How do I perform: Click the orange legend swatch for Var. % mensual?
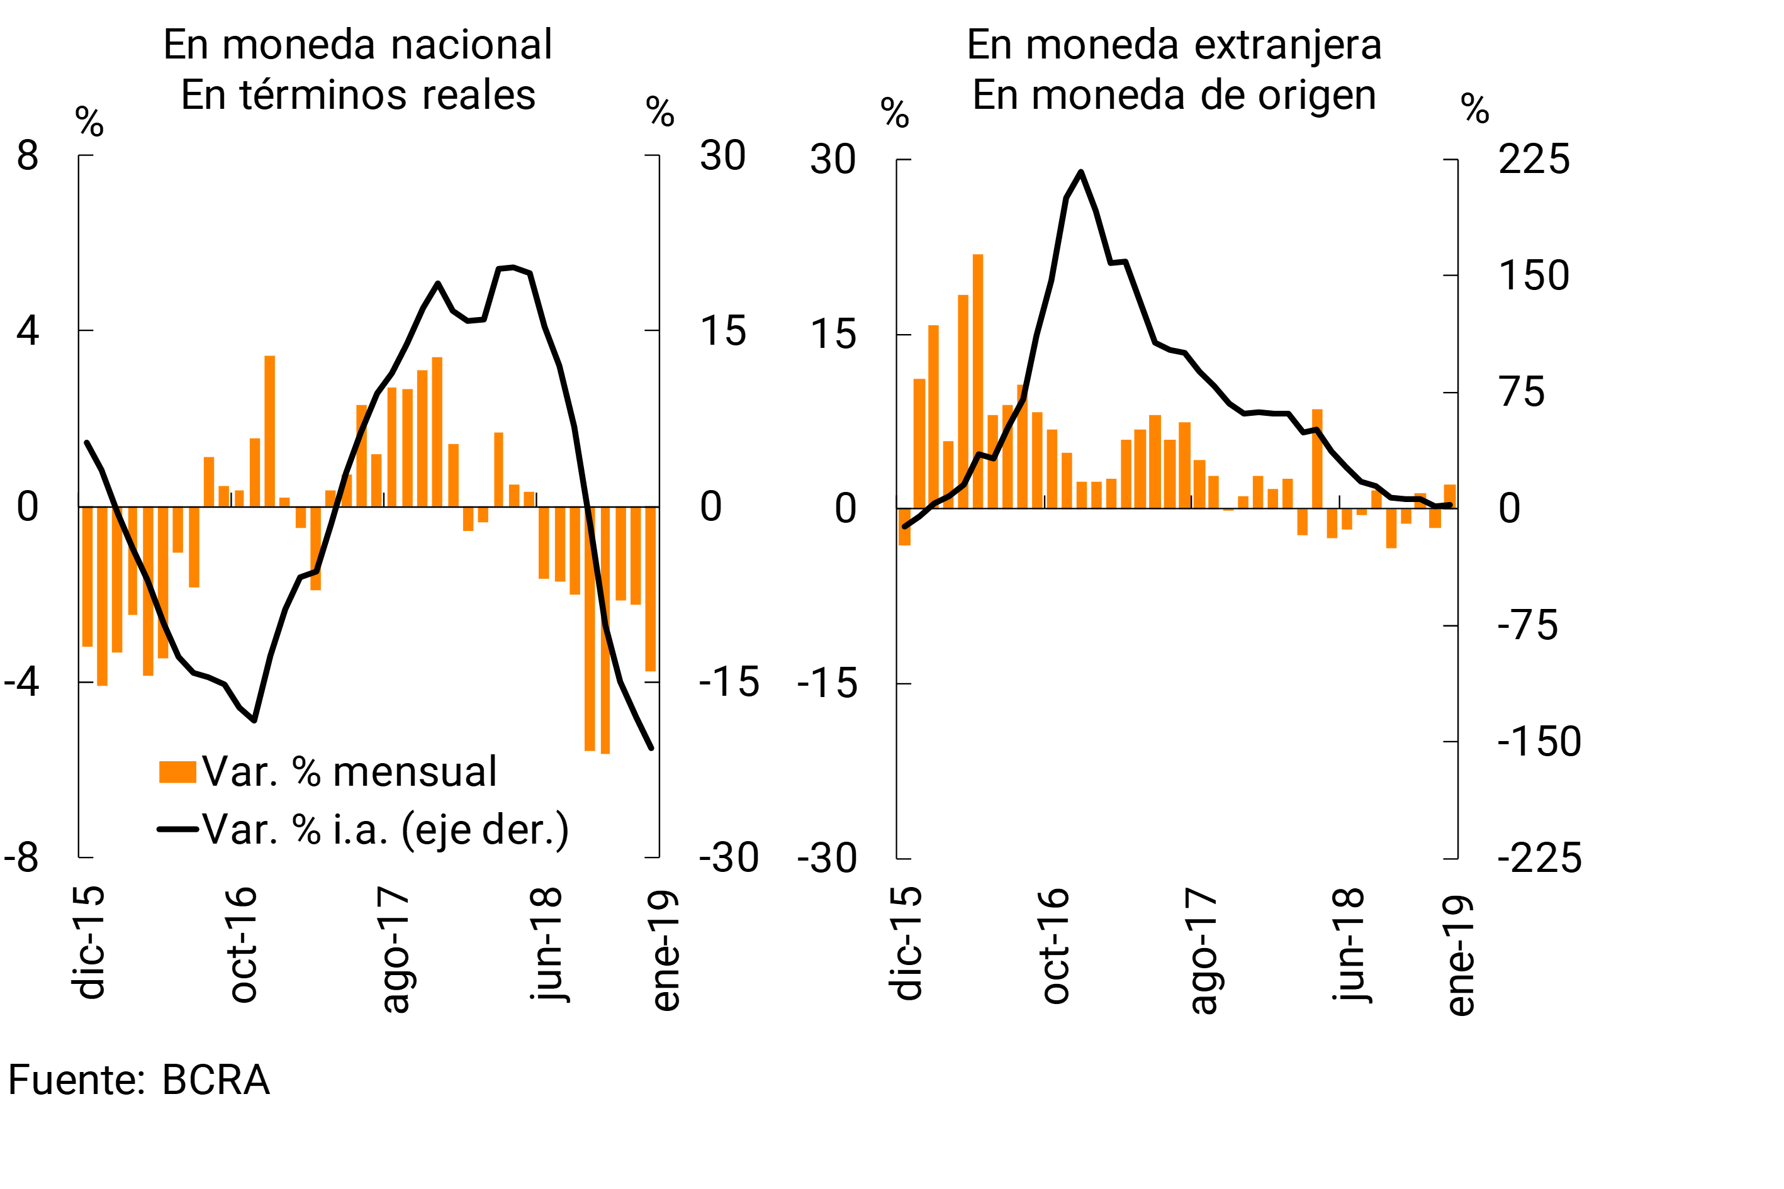[x=177, y=771]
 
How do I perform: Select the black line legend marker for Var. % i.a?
[x=177, y=829]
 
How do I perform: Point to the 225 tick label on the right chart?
[x=1534, y=160]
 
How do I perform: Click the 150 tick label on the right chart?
[x=1534, y=276]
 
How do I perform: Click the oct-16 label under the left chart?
[x=244, y=944]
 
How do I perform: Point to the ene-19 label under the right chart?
[x=1460, y=956]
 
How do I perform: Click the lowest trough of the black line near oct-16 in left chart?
[x=254, y=720]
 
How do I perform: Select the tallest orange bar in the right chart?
[x=978, y=379]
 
